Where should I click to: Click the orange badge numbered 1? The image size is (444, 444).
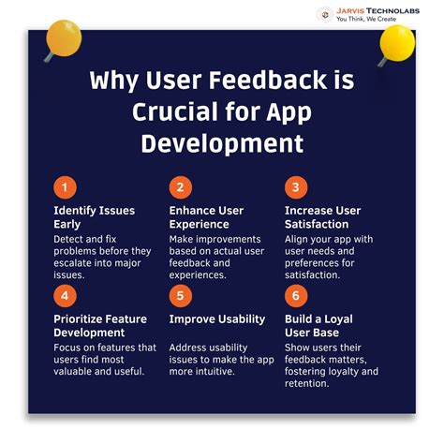[x=65, y=185]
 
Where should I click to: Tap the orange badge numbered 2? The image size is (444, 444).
[x=181, y=185]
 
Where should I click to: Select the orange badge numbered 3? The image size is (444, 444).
[x=296, y=185]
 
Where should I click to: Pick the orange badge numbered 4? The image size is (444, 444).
[x=65, y=295]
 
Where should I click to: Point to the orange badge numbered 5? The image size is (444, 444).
[x=181, y=295]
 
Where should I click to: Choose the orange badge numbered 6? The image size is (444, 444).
[x=296, y=295]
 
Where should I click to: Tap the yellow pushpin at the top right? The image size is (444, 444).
[x=396, y=41]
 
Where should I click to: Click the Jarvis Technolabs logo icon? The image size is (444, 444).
[x=324, y=13]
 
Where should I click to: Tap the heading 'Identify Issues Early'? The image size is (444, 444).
[x=95, y=216]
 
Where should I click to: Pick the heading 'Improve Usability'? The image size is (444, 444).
[x=216, y=319]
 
